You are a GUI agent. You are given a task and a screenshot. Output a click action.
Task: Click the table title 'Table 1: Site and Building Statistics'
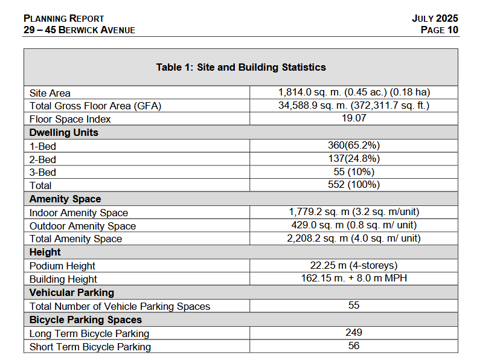(240, 67)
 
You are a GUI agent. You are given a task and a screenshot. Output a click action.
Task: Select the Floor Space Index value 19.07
(354, 118)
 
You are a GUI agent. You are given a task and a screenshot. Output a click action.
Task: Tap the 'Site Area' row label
(50, 93)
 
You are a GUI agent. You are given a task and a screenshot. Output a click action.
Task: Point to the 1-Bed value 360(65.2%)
(354, 146)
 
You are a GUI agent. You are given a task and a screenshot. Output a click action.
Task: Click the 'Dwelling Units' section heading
(64, 132)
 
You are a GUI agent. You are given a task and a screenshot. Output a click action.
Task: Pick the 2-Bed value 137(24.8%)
(354, 159)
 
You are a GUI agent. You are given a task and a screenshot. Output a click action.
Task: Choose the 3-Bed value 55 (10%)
(354, 172)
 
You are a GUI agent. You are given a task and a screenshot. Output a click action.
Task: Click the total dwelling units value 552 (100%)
(354, 185)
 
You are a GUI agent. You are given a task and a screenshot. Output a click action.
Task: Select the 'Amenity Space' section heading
(65, 199)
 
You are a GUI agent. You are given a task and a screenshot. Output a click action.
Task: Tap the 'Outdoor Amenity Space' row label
(83, 226)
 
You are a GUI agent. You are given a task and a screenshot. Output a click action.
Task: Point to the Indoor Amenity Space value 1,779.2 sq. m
(354, 212)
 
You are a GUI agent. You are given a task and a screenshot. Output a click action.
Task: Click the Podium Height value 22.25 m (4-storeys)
(354, 265)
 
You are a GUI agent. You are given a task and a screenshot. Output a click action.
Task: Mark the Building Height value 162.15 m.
(354, 278)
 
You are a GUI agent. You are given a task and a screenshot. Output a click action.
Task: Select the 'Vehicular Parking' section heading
(72, 292)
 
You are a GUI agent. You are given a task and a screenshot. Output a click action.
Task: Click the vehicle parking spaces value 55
(354, 306)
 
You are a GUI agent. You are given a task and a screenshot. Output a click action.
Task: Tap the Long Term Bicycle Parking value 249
(354, 333)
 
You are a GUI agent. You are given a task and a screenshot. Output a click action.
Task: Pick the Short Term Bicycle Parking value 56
(354, 346)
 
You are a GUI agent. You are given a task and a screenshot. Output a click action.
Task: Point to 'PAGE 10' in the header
(440, 30)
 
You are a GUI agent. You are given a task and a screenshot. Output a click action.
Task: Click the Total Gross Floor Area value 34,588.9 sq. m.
(354, 106)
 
